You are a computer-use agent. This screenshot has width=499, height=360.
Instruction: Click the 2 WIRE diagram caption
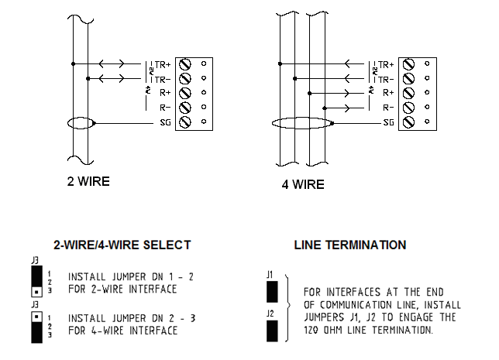point(88,183)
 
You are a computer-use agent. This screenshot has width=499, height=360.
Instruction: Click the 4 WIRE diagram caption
point(303,185)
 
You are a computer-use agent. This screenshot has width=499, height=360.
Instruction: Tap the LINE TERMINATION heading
point(350,245)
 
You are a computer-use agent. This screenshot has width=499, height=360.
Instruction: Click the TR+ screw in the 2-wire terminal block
point(185,63)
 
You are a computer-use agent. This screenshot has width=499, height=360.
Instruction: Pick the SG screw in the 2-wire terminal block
point(185,122)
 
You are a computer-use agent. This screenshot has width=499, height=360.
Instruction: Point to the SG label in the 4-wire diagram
point(387,122)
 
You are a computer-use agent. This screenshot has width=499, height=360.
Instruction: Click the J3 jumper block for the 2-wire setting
point(36,284)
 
